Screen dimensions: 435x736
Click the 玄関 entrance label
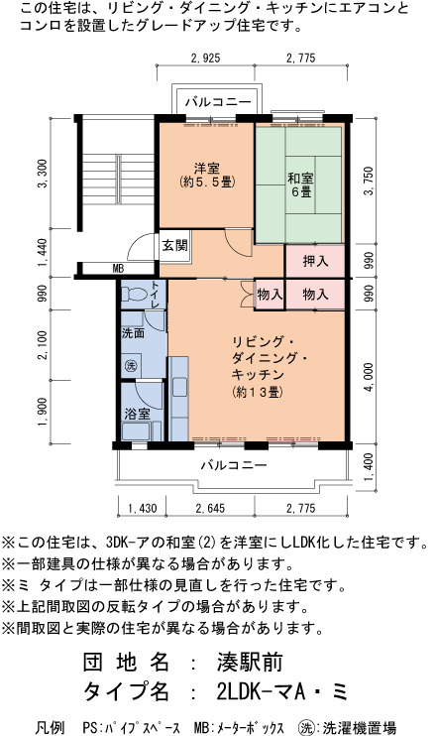click(174, 245)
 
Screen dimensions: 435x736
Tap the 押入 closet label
click(315, 261)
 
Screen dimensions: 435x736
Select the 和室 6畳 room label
click(300, 184)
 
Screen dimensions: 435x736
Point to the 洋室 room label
click(207, 168)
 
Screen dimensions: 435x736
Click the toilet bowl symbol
click(135, 295)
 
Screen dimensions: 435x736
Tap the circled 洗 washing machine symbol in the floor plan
click(131, 366)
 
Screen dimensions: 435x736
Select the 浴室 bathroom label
click(138, 414)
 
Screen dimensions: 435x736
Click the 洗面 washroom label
click(133, 333)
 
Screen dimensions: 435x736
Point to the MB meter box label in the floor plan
click(118, 269)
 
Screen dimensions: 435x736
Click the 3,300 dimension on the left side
click(43, 174)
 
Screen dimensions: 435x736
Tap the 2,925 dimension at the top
click(205, 59)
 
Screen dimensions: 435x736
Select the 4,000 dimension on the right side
click(369, 377)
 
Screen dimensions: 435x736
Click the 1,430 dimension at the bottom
click(142, 508)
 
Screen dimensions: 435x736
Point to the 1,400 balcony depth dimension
click(369, 467)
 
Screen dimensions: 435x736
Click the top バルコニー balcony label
click(218, 101)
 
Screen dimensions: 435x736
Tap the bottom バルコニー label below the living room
click(234, 465)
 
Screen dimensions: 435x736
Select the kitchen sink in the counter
click(180, 387)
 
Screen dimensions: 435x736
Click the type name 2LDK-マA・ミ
click(282, 691)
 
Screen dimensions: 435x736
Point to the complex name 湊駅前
click(250, 663)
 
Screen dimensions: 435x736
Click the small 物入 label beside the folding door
click(270, 295)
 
